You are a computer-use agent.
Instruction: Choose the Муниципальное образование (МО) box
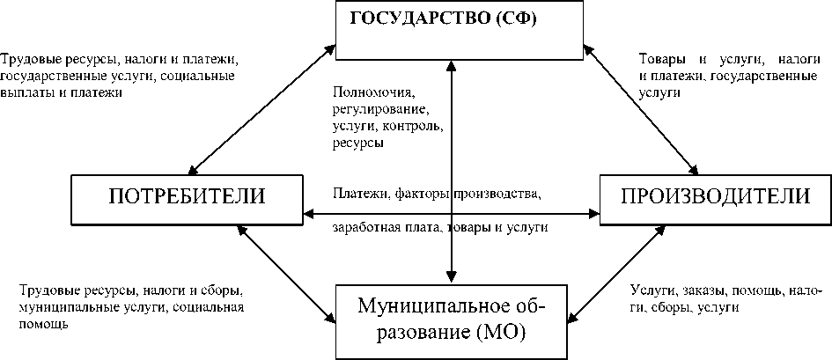click(x=453, y=320)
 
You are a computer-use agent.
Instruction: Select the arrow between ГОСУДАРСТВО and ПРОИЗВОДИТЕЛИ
click(x=640, y=110)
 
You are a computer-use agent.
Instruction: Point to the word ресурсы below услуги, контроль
click(x=357, y=143)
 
